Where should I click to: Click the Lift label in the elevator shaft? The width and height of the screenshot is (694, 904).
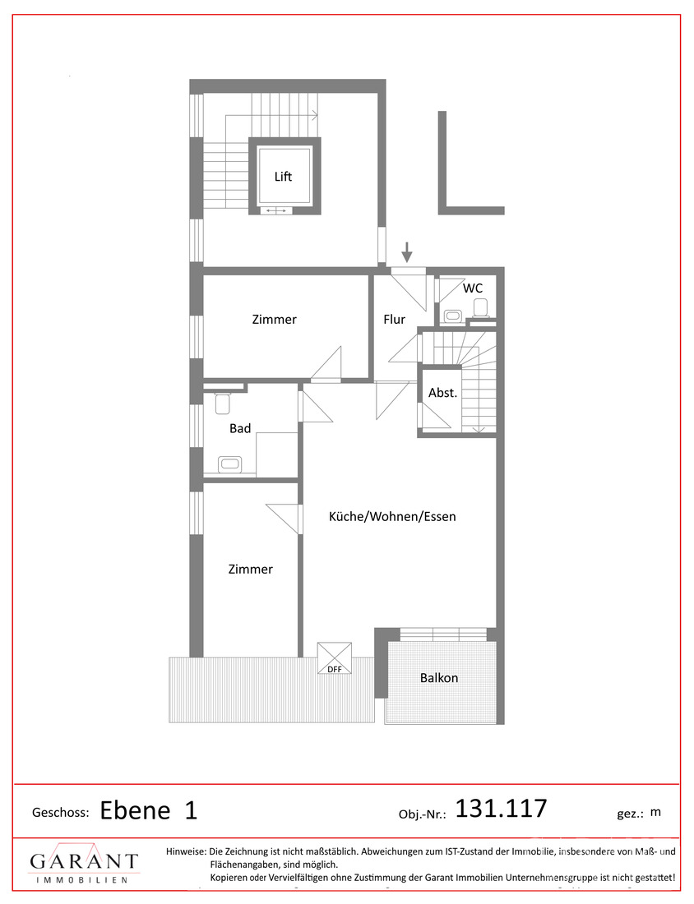tap(283, 177)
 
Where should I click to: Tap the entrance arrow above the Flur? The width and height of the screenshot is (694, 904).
tap(407, 252)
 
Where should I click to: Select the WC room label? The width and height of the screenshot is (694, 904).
tap(473, 288)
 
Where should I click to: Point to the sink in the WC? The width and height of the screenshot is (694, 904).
tap(453, 316)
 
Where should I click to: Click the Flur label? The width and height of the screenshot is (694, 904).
tap(395, 320)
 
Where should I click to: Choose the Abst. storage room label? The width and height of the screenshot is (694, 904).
tap(442, 393)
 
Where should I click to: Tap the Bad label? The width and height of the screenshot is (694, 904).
tap(240, 428)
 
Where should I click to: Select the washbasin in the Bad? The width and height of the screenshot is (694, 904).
tap(229, 464)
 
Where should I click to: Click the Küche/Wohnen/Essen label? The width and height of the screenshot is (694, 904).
tap(392, 517)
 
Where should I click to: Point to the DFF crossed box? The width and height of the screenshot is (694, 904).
tap(335, 657)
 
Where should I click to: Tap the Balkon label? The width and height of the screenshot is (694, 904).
tap(439, 678)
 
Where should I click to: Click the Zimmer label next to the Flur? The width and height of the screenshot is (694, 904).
tap(274, 320)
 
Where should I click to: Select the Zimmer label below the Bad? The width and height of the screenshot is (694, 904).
tap(250, 569)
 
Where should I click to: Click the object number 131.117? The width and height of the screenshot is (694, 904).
tap(501, 809)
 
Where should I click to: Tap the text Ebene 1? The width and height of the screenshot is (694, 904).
tap(149, 810)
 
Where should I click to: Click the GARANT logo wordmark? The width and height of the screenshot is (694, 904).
tap(84, 861)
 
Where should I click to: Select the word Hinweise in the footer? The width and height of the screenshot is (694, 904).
tap(186, 851)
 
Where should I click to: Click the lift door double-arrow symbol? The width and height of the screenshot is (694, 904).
tap(276, 211)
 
